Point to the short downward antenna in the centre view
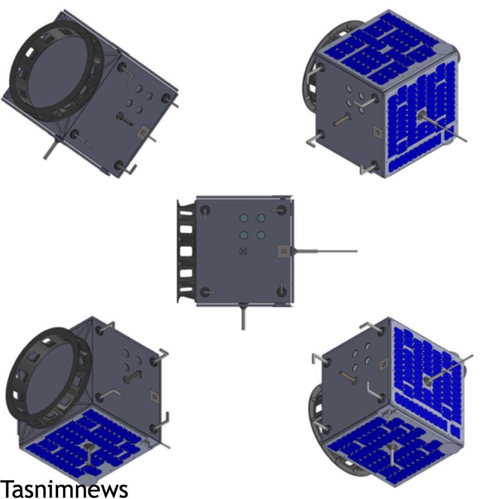(x=243, y=317)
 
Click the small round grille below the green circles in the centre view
(x=243, y=252)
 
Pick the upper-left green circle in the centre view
(x=244, y=218)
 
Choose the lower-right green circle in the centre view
(x=261, y=235)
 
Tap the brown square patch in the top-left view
(x=143, y=131)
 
